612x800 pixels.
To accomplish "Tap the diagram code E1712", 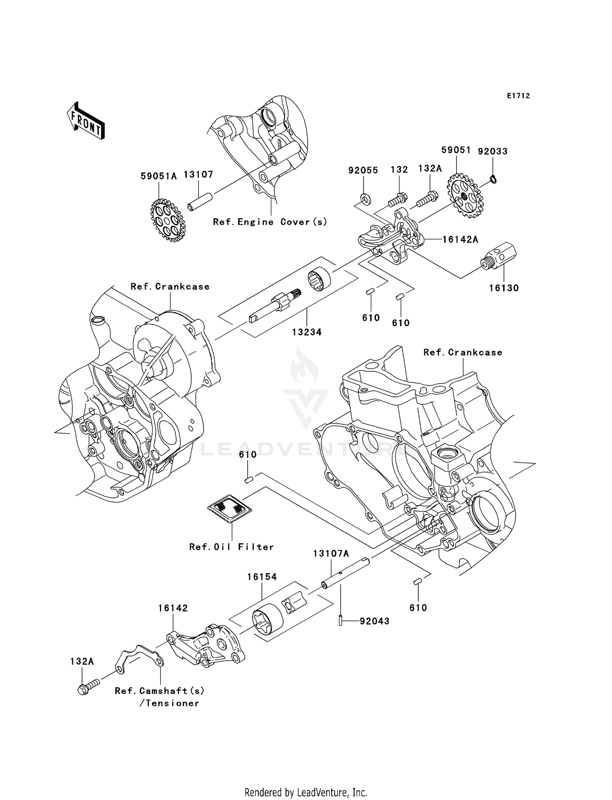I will pyautogui.click(x=518, y=96).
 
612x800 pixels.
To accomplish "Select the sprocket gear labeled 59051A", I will pyautogui.click(x=168, y=221).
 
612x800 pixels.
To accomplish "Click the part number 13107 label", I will pyautogui.click(x=198, y=175).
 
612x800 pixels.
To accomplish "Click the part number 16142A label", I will pyautogui.click(x=460, y=240).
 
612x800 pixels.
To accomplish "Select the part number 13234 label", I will pyautogui.click(x=307, y=332).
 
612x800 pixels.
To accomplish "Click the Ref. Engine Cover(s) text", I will pyautogui.click(x=270, y=222).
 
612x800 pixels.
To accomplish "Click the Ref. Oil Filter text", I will pyautogui.click(x=231, y=547).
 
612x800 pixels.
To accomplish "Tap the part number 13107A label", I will pyautogui.click(x=331, y=553).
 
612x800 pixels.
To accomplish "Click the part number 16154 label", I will pyautogui.click(x=262, y=577).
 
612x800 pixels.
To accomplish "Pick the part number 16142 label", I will pyautogui.click(x=173, y=608).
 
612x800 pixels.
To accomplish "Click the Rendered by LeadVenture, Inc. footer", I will pyautogui.click(x=306, y=792).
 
